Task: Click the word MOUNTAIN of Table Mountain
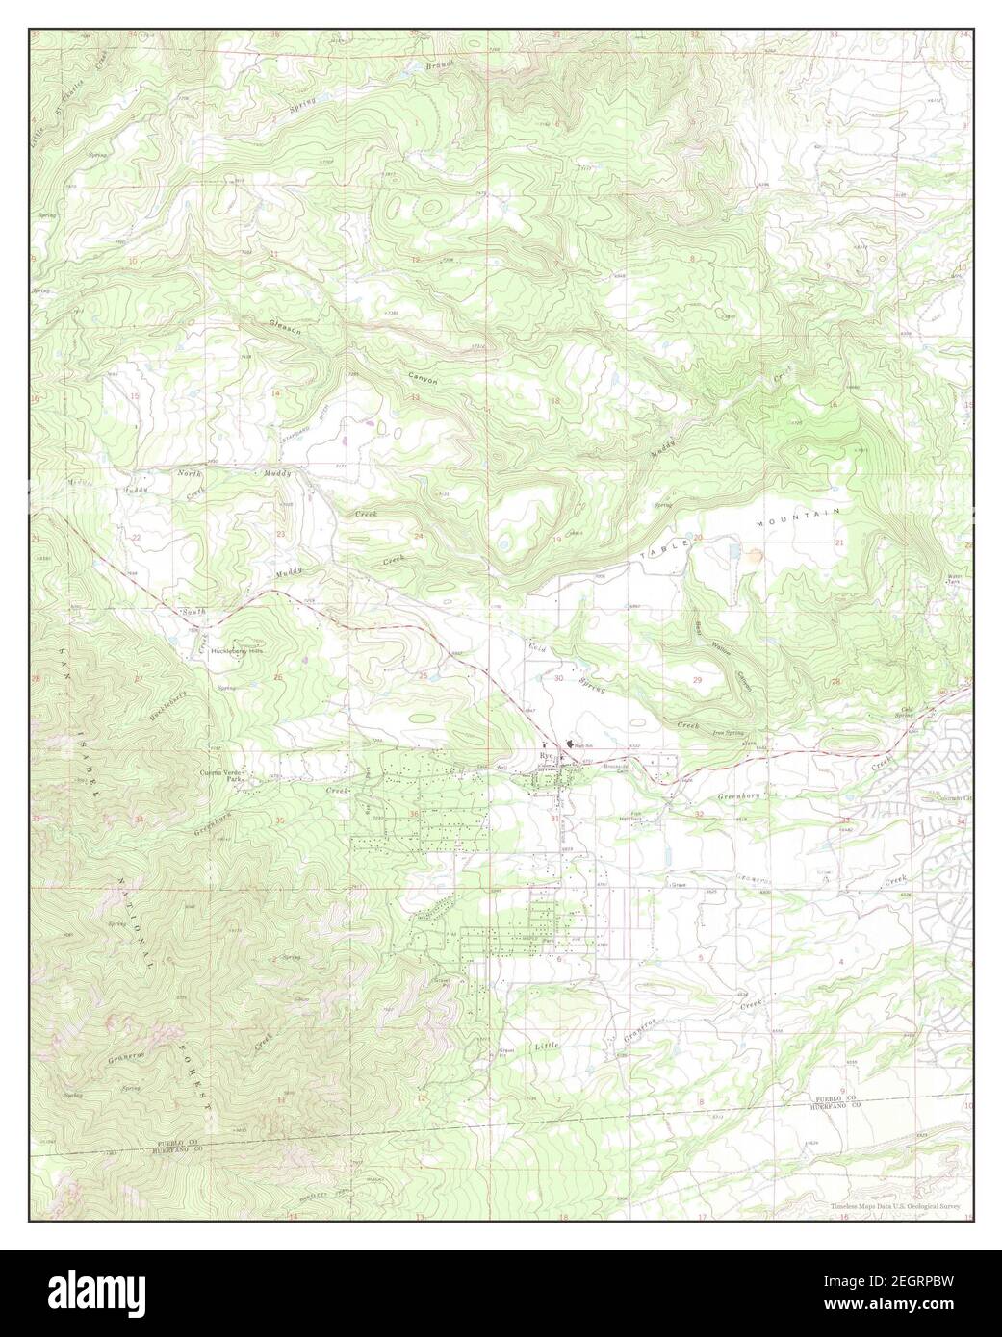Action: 798,516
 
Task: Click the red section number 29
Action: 698,680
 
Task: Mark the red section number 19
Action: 556,540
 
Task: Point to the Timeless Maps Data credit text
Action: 897,1205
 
